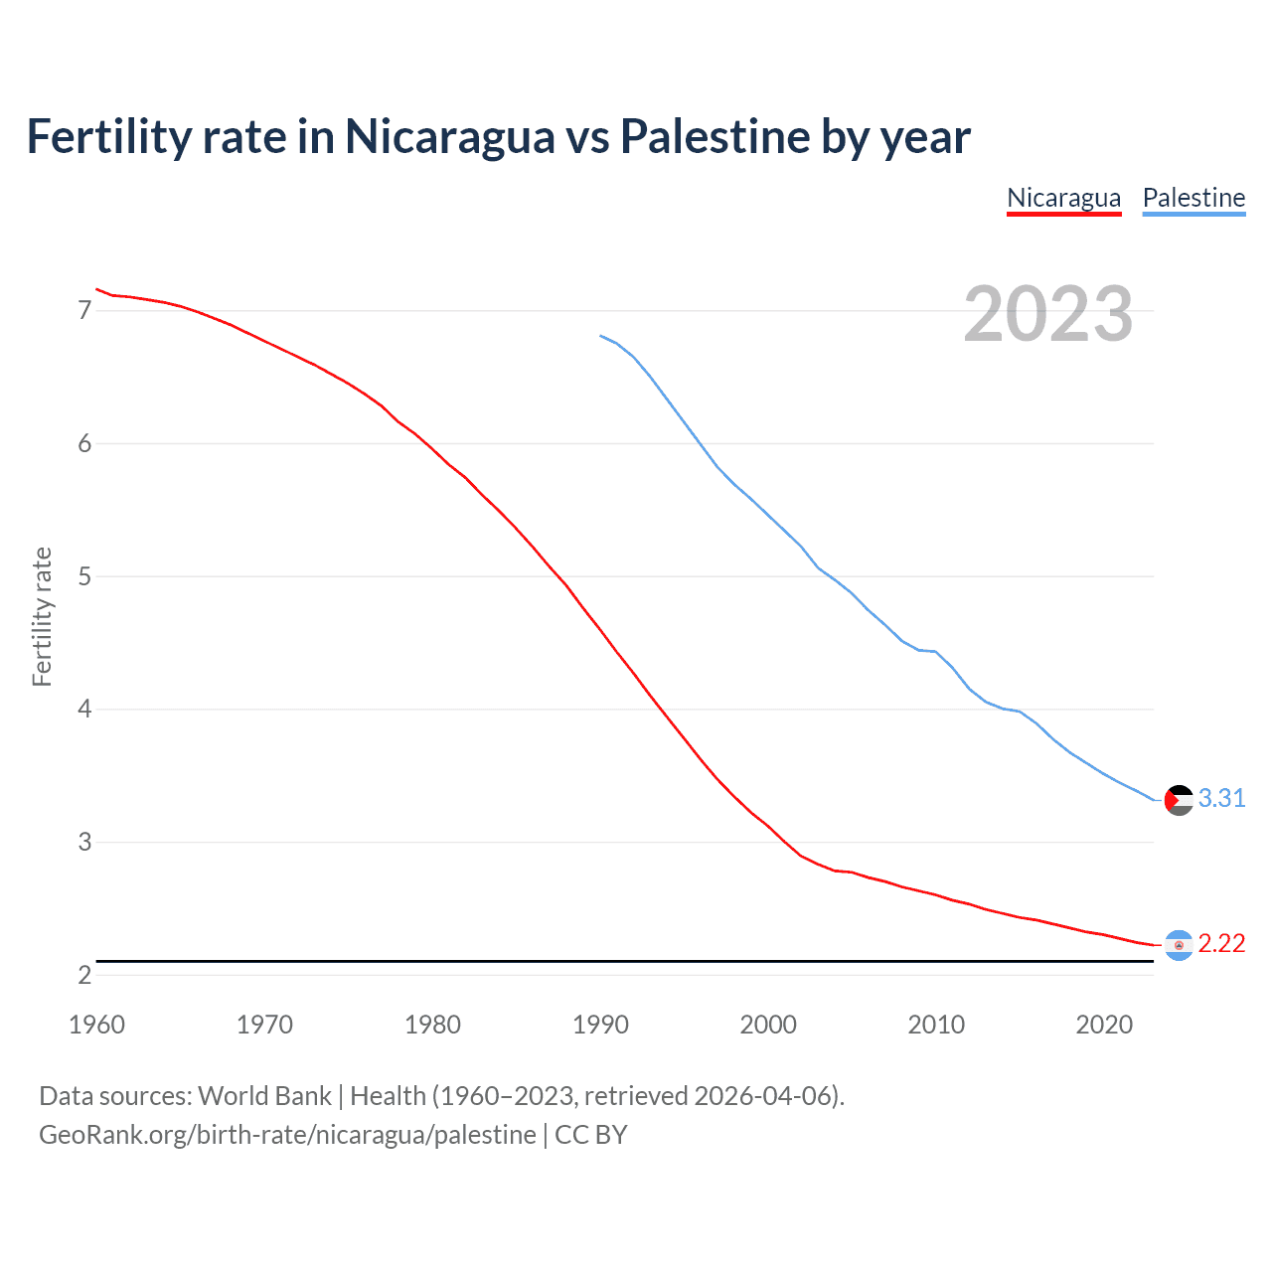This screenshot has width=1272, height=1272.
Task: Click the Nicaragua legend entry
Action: coord(1063,198)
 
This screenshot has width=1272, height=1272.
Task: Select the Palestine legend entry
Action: coord(1193,198)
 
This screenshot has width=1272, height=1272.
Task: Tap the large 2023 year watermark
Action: coord(1047,314)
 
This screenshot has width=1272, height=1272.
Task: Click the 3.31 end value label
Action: coord(1221,799)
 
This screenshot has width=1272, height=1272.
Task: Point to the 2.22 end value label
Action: coord(1221,944)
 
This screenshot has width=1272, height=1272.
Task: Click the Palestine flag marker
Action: coord(1179,800)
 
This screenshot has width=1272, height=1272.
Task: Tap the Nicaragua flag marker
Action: coord(1179,945)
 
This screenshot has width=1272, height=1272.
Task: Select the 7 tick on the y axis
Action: coord(84,311)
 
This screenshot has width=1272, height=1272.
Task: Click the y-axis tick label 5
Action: coord(84,576)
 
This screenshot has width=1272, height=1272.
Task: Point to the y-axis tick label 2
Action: coord(84,976)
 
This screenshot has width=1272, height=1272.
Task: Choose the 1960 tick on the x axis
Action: coord(96,1025)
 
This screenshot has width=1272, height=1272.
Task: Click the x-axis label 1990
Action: coord(600,1025)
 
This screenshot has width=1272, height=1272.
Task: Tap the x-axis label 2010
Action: coord(936,1025)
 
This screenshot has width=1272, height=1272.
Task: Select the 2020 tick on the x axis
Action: coord(1104,1025)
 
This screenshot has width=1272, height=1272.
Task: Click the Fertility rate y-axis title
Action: coord(42,616)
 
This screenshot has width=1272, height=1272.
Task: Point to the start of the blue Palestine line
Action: coord(601,336)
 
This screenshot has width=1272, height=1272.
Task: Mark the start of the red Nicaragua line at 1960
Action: coord(96,289)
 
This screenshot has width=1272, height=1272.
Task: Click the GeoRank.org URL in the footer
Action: coord(287,1135)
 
